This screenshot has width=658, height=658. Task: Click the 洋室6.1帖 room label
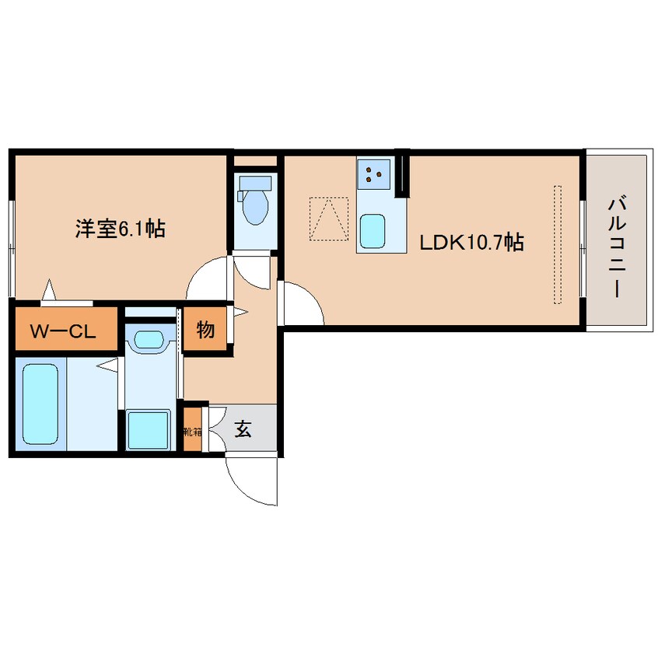119,229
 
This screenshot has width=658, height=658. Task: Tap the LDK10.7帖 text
471,243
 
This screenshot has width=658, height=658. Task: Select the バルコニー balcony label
617,247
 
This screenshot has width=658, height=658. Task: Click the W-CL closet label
63,331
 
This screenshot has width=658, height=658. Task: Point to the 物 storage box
205,330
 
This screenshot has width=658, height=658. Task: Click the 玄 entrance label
243,429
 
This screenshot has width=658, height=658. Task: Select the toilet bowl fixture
254,205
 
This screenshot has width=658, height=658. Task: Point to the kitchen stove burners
374,174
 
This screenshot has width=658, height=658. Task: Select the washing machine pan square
149,429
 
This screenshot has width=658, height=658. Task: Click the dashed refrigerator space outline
329,219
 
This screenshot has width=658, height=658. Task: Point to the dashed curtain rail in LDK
557,244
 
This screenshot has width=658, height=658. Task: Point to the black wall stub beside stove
402,176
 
